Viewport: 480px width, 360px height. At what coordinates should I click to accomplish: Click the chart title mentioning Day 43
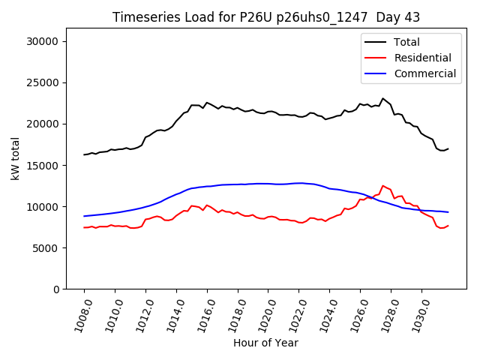(x=266, y=17)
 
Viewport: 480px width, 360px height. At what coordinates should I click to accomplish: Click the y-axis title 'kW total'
(x=15, y=159)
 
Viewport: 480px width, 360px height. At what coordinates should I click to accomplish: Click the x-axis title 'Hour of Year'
(x=265, y=343)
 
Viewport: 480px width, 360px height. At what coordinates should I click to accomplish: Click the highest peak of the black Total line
(x=382, y=98)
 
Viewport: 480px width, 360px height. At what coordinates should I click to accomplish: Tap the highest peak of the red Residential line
(x=382, y=185)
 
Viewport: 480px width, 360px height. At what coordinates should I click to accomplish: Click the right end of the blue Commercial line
(x=448, y=212)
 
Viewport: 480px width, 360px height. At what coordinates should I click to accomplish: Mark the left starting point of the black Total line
(x=84, y=154)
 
